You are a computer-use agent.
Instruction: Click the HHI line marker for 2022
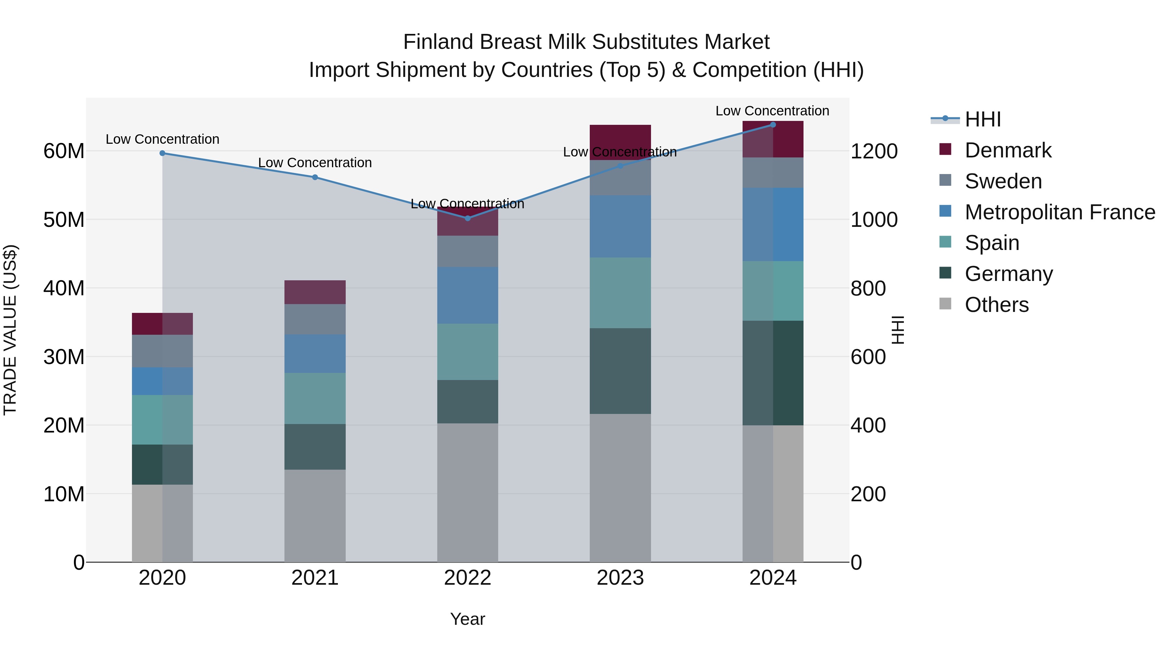point(467,218)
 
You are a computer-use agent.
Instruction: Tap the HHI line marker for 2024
point(773,125)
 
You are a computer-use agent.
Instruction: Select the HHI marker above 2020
point(162,154)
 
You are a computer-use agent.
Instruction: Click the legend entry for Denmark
point(1008,150)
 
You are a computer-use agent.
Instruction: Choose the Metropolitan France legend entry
point(1060,212)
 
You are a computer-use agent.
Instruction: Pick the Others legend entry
point(996,305)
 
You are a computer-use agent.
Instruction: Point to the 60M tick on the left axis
point(64,151)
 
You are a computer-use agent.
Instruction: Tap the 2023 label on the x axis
point(620,578)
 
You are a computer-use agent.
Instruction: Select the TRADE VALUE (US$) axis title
point(10,330)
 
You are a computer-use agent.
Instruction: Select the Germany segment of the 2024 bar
point(773,373)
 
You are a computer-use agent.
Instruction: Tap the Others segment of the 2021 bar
point(315,516)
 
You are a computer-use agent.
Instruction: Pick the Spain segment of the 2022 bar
point(467,352)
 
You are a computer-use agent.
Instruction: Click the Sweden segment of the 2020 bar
point(162,351)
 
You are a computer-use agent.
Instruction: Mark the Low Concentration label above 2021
point(315,163)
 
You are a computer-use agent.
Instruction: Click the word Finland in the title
point(438,42)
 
